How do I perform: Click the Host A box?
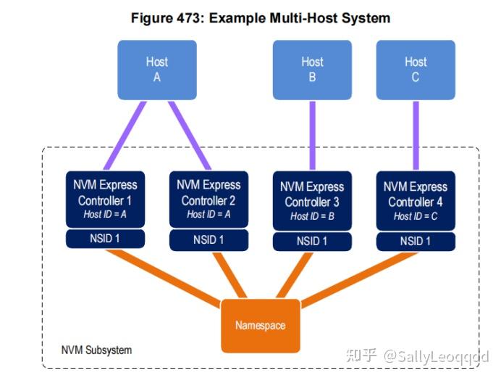click(x=156, y=70)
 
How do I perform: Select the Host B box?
click(x=312, y=70)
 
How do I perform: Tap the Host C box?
click(x=415, y=70)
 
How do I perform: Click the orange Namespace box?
click(x=260, y=326)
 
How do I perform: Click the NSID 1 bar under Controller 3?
click(x=313, y=241)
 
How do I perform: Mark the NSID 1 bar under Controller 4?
click(x=416, y=241)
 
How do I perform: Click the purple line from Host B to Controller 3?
click(x=313, y=135)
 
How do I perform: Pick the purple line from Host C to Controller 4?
click(x=416, y=135)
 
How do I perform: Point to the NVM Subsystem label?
click(x=96, y=350)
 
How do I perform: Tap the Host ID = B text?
click(x=313, y=216)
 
